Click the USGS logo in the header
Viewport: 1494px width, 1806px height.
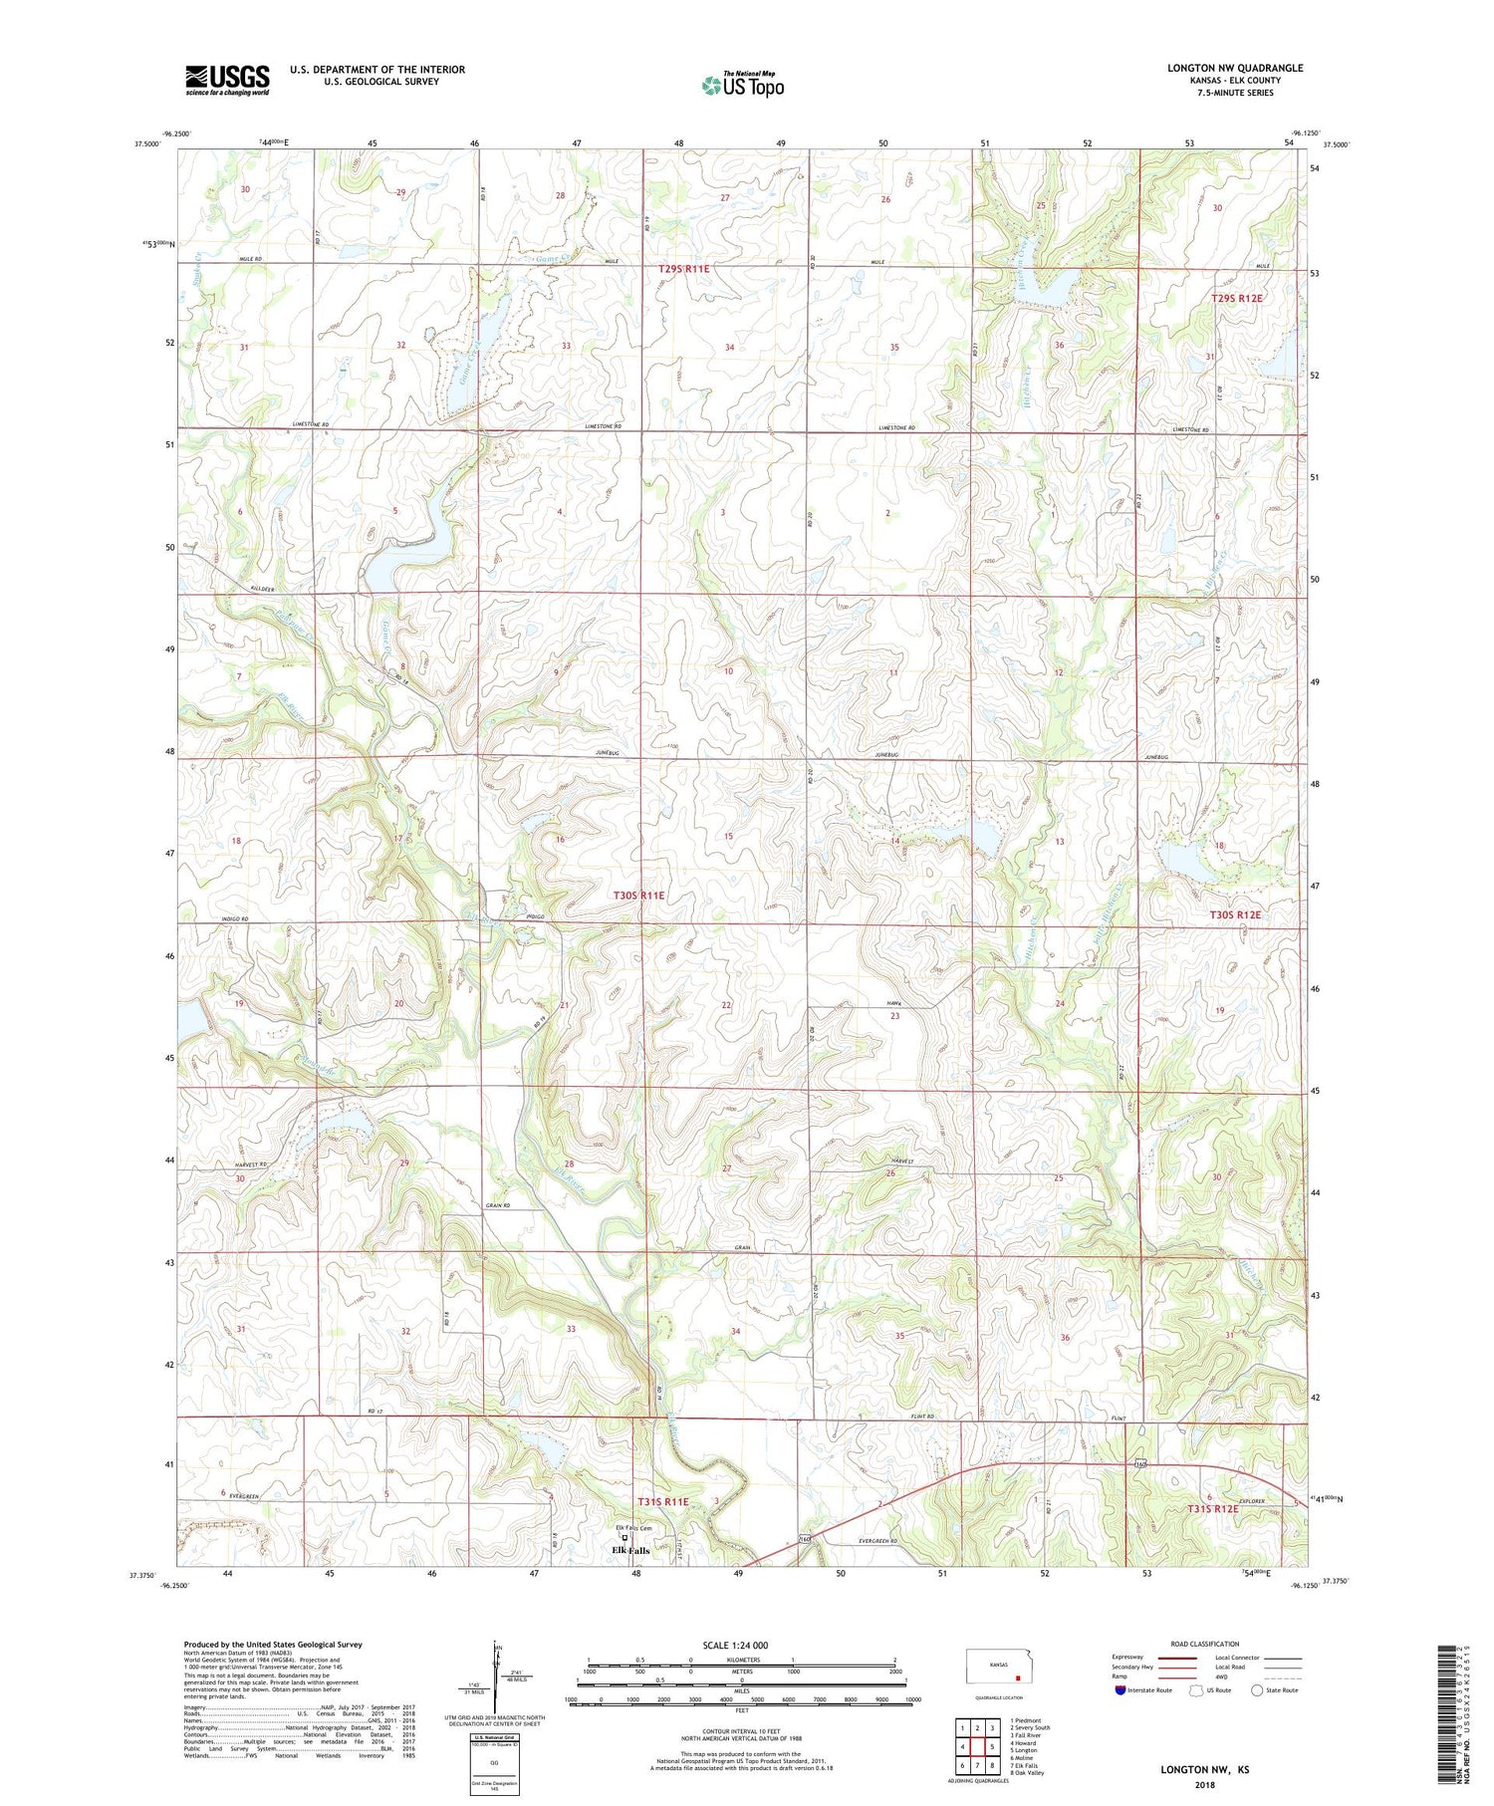click(226, 80)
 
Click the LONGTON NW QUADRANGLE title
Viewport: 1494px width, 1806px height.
click(1234, 69)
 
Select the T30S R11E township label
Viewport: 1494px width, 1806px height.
click(637, 896)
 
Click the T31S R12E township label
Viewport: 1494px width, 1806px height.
click(1213, 1509)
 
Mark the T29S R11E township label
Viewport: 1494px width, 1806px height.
click(683, 269)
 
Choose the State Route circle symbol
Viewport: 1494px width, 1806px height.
click(1257, 1690)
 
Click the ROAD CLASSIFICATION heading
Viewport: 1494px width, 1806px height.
click(1205, 1644)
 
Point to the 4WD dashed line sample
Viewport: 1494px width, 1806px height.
click(1281, 1676)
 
